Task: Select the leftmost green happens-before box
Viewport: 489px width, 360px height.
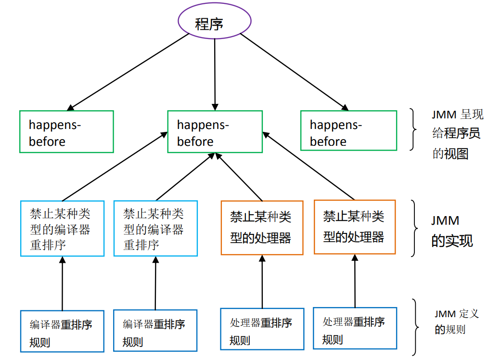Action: [66, 132]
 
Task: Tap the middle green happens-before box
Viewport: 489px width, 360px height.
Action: [215, 132]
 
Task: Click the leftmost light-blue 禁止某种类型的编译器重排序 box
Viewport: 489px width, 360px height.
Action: [63, 229]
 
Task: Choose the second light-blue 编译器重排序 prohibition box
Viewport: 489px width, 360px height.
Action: [155, 229]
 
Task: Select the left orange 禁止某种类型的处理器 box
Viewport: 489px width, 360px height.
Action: [262, 227]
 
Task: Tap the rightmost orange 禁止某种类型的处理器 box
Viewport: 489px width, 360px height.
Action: [355, 227]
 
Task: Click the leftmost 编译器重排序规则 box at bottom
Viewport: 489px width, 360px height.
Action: [63, 331]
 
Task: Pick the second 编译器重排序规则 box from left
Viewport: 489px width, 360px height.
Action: [155, 331]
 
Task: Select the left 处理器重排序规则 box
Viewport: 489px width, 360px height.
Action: [262, 329]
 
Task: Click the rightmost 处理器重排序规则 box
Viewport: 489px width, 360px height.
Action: [355, 328]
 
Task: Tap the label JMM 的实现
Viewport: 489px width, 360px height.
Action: [450, 231]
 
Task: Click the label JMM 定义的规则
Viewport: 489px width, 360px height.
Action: [450, 321]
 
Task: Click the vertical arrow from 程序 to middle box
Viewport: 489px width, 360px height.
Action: [215, 72]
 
